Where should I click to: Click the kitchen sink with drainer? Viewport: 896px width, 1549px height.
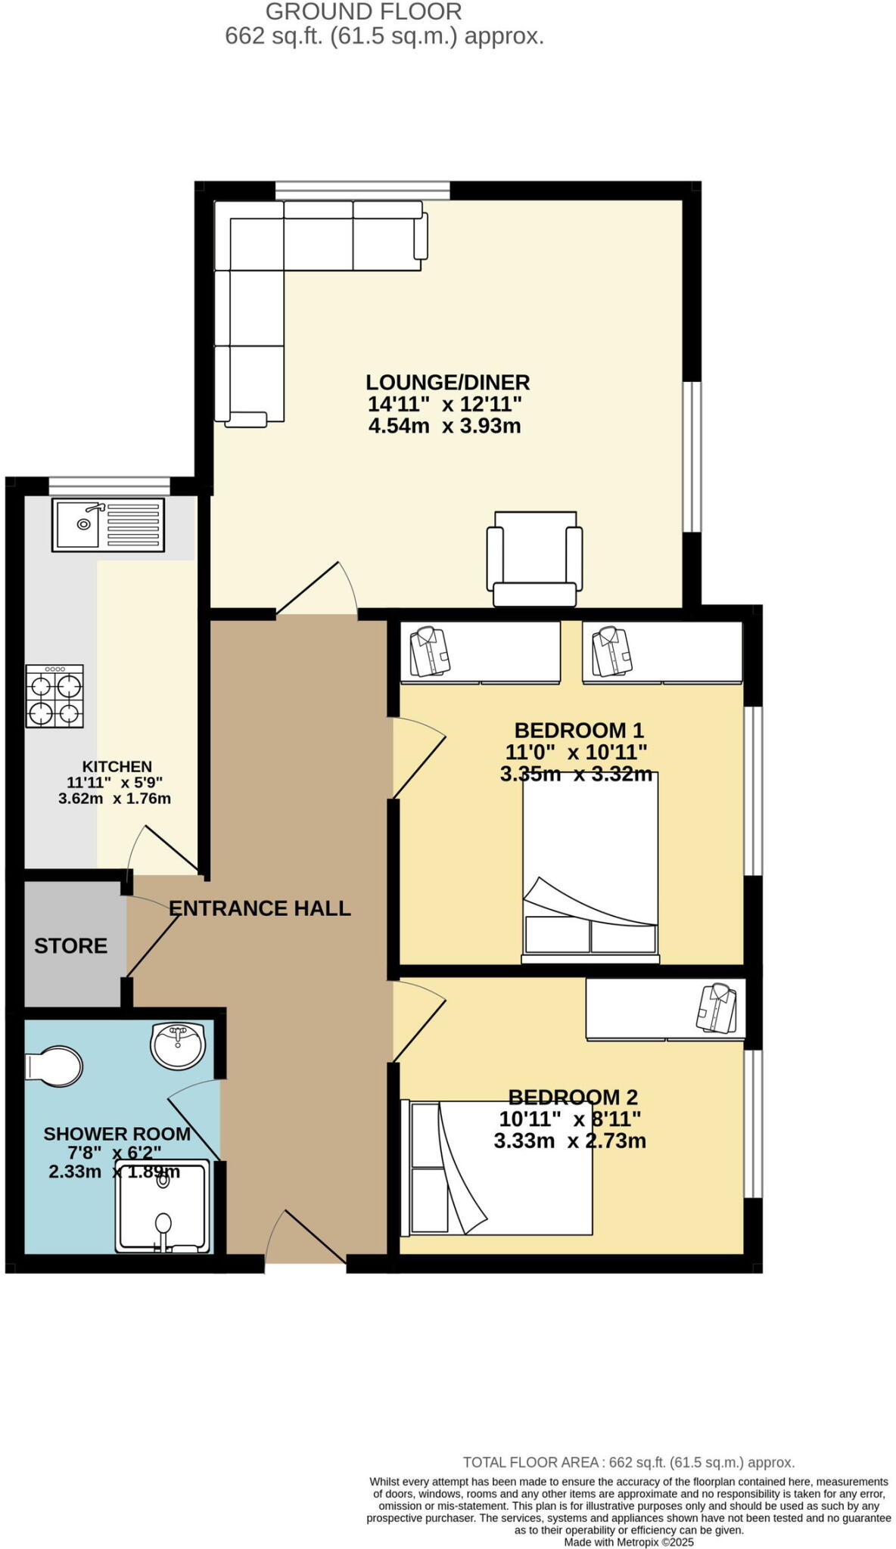click(107, 524)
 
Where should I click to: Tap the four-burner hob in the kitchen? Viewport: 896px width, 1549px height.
click(54, 696)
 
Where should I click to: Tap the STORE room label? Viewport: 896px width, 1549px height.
click(70, 945)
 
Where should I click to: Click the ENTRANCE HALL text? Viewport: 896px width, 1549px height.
click(260, 908)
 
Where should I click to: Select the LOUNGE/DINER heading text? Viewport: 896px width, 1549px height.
click(447, 382)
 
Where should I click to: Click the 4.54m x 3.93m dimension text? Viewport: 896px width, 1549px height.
click(444, 426)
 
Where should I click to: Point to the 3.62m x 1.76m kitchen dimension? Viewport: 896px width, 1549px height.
click(114, 798)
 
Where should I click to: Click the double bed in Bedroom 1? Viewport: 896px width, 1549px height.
click(590, 866)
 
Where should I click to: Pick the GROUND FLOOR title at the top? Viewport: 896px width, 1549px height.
click(363, 11)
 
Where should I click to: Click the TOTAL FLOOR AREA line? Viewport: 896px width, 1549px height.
click(628, 1462)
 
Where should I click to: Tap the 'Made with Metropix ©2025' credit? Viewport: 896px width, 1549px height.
click(628, 1541)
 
